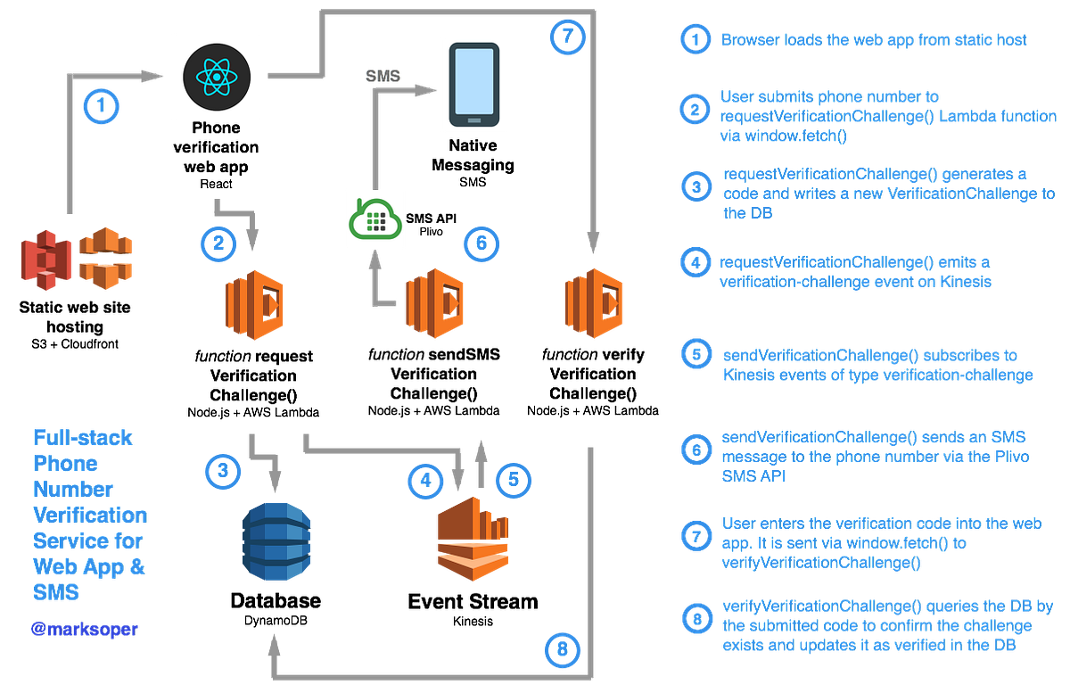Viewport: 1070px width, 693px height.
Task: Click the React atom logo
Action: point(217,77)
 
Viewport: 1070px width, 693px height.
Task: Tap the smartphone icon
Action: point(473,85)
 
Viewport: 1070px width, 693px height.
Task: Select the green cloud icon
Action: point(376,219)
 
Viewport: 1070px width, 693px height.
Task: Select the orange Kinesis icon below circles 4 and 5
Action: point(471,542)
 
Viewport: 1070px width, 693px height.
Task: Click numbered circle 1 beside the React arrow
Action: point(101,106)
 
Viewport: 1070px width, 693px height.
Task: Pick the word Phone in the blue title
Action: point(53,464)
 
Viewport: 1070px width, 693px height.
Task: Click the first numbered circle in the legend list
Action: point(695,39)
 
